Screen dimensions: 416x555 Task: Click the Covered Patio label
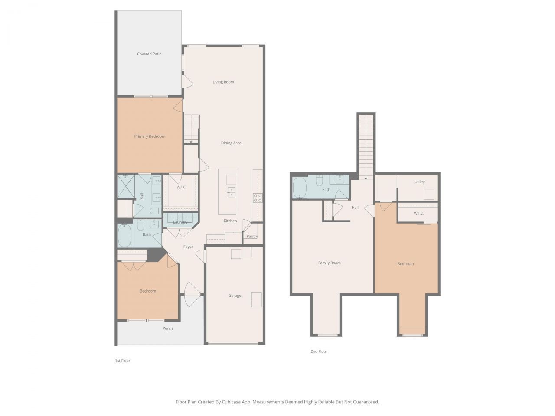[x=149, y=54]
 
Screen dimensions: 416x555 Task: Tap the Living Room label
[x=223, y=82]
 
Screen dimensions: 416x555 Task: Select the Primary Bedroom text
[x=150, y=136]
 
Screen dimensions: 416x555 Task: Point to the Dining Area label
[x=231, y=143]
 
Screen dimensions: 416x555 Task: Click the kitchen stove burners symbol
[x=258, y=198]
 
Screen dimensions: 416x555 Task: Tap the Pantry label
[x=252, y=237]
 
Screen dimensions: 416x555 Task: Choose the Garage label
[x=235, y=296]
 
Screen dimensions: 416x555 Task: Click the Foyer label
[x=188, y=247]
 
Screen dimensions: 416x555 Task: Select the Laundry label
[x=180, y=222]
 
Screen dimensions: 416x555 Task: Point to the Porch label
[x=168, y=328]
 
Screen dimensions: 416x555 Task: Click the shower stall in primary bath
[x=125, y=186]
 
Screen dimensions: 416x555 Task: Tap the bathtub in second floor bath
[x=300, y=188]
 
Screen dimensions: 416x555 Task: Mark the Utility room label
[x=419, y=182]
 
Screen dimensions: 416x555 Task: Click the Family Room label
[x=329, y=263]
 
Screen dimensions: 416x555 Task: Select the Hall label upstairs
[x=355, y=208]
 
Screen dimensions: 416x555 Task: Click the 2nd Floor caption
[x=319, y=351]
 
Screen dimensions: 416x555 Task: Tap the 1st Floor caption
[x=122, y=361]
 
